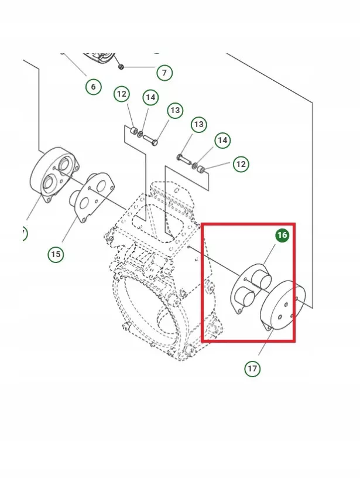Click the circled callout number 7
tap(164, 73)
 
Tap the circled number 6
tap(93, 87)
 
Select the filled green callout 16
tap(282, 235)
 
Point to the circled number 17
tap(252, 368)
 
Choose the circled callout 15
tap(56, 254)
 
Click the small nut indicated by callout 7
tap(121, 66)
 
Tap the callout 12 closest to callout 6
tap(122, 94)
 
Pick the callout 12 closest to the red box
tap(241, 164)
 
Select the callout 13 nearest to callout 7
tap(175, 110)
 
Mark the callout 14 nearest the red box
tap(222, 140)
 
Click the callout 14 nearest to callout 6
tap(150, 98)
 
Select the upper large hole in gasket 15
tap(101, 185)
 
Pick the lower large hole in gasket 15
tap(84, 202)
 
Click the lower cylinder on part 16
tap(245, 296)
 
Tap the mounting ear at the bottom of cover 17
tap(268, 327)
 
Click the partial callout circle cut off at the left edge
tap(24, 234)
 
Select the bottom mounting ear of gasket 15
tap(83, 220)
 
